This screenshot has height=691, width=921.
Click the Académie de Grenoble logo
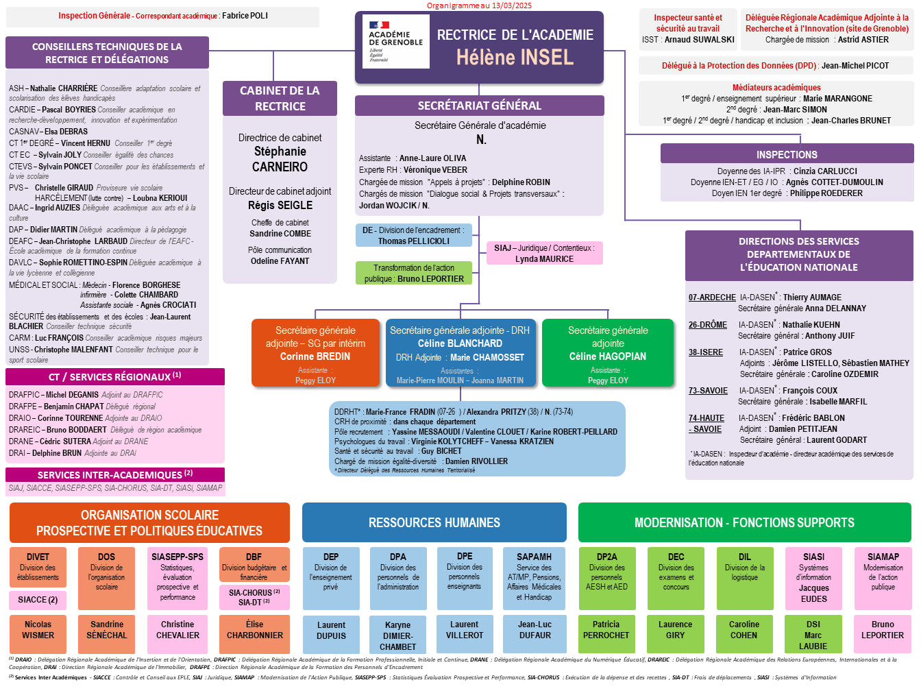[x=395, y=41]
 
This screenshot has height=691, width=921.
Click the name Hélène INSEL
[x=515, y=57]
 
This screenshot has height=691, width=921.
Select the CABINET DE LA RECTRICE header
[x=280, y=98]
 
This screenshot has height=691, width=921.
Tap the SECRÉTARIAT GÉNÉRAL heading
[x=479, y=106]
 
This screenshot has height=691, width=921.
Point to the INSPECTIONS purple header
[x=787, y=154]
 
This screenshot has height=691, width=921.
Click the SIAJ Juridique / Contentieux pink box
[x=544, y=253]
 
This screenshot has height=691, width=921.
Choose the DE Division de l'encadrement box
[x=413, y=235]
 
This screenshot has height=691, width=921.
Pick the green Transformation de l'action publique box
[x=414, y=273]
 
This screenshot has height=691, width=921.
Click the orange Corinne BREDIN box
[x=315, y=352]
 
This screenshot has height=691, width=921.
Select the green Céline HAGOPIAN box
[x=608, y=352]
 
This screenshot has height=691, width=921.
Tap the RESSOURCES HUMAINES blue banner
[x=434, y=522]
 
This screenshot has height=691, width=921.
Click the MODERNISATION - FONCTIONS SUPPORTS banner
[x=744, y=522]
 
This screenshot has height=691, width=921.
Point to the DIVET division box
[x=38, y=566]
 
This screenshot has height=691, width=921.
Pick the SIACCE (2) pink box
[x=38, y=600]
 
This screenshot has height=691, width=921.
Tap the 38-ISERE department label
[x=705, y=352]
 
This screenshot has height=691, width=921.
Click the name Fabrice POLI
[x=245, y=16]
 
